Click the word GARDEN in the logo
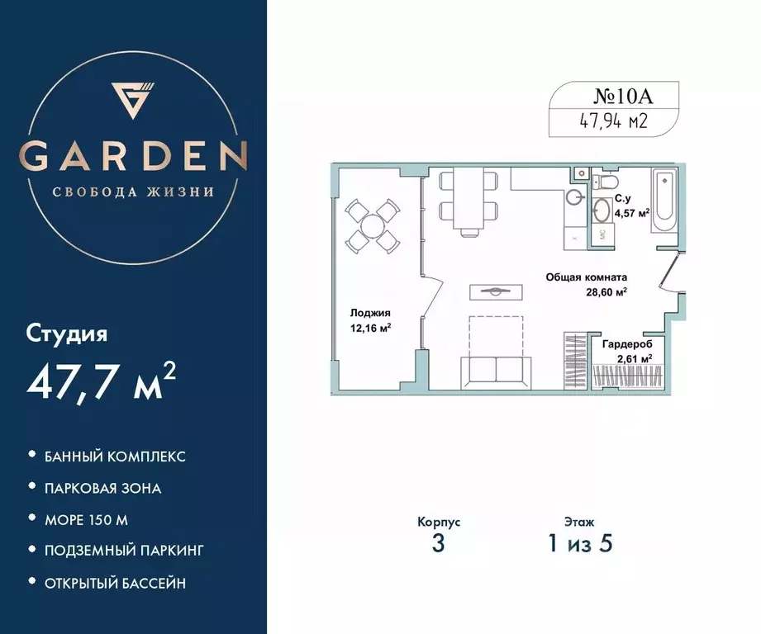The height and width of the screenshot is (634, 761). tap(133, 155)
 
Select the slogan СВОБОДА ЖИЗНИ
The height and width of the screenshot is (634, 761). tap(133, 192)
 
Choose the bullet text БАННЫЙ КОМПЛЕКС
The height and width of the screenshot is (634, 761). tap(115, 456)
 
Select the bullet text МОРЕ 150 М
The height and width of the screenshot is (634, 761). tap(88, 520)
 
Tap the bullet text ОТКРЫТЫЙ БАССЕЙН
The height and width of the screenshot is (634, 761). tap(116, 584)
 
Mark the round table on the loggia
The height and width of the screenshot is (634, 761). tap(371, 224)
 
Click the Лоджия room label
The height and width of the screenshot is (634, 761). tap(369, 313)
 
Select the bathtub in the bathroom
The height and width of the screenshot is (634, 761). tap(665, 201)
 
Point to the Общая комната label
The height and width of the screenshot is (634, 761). tap(586, 278)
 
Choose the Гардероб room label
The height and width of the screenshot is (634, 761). tap(626, 343)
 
